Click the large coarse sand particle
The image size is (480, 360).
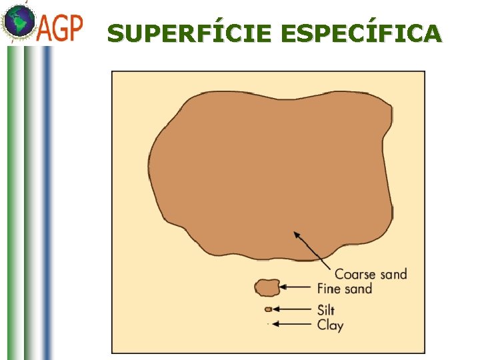(x=267, y=173)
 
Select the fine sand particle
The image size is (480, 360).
(x=267, y=287)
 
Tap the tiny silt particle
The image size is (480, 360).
(x=268, y=309)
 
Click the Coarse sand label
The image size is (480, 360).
(x=370, y=274)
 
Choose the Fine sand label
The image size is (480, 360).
(x=344, y=289)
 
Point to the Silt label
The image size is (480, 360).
(x=326, y=310)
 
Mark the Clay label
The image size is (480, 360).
(x=330, y=325)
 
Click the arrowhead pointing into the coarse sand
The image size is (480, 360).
(x=297, y=235)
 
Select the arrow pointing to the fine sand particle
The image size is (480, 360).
(x=297, y=287)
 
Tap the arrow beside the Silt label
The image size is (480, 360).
(x=293, y=309)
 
